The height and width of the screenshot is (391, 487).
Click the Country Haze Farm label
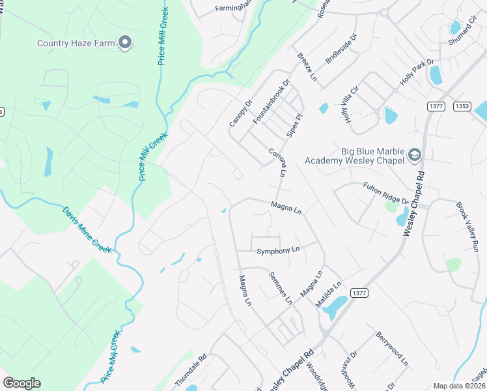click(x=76, y=44)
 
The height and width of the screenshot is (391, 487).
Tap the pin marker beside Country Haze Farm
click(x=126, y=43)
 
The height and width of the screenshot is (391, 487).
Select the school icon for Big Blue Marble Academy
click(x=414, y=156)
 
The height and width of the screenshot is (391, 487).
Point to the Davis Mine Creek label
click(x=87, y=230)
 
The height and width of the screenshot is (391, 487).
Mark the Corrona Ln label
click(x=277, y=162)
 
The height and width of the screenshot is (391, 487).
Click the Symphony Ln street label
click(x=278, y=250)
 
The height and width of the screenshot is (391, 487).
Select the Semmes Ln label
click(x=281, y=287)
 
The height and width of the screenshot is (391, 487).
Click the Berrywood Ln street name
click(x=391, y=348)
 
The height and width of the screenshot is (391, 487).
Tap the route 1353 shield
click(x=463, y=106)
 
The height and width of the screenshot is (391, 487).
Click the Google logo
click(x=21, y=383)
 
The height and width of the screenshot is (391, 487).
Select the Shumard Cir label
click(x=463, y=32)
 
